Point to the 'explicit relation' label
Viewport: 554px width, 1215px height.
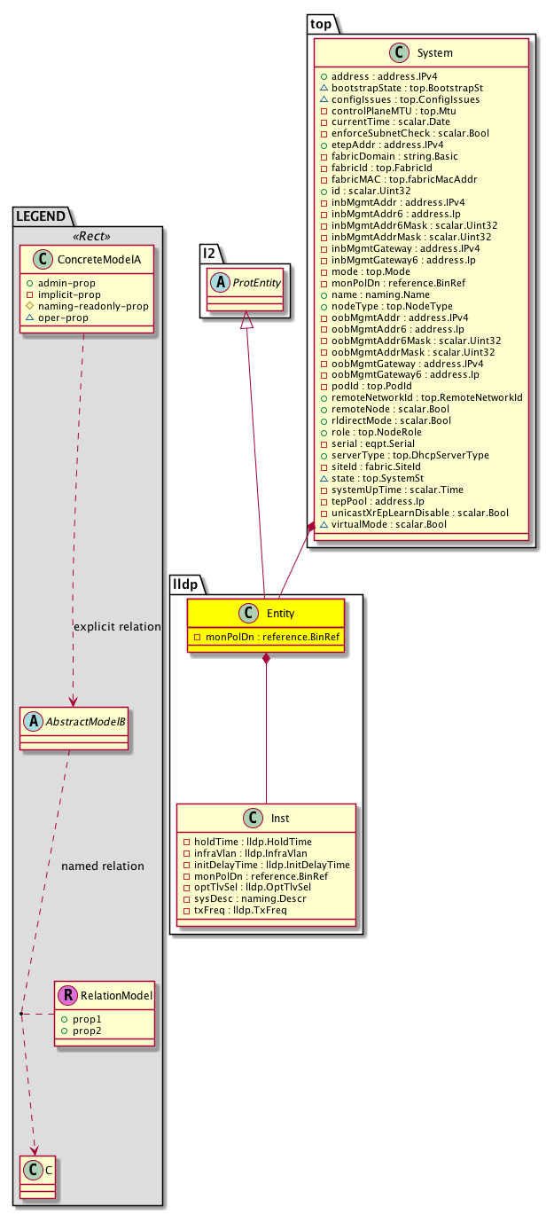(x=117, y=627)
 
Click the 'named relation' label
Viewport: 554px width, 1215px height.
(x=103, y=866)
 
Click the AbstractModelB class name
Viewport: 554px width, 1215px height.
(x=86, y=721)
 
